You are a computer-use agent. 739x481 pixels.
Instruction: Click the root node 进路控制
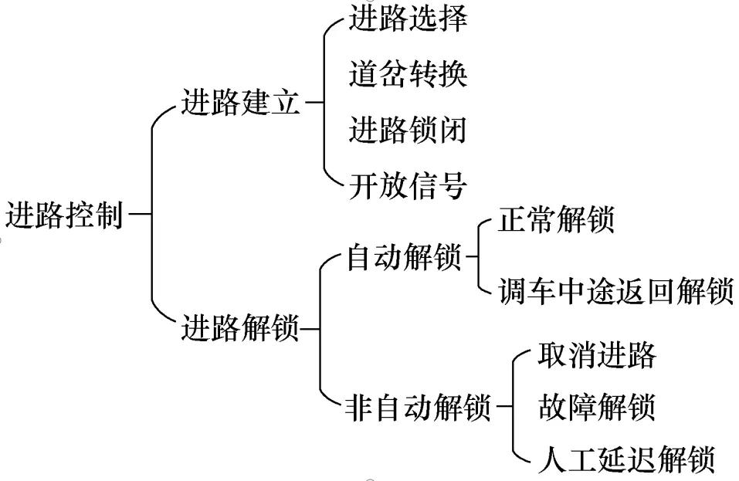coord(64,216)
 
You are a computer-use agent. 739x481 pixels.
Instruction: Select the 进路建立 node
coord(240,103)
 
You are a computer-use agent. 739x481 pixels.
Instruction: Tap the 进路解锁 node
coord(240,330)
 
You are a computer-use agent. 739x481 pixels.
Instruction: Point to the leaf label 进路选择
coord(408,19)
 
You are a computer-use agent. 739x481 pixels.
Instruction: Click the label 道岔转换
coord(408,75)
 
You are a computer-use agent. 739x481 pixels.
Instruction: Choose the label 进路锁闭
coord(408,130)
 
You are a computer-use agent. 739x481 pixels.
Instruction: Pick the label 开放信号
coord(408,186)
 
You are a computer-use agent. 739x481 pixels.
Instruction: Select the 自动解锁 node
coord(404,258)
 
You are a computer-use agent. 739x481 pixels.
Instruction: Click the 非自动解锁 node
coord(419,407)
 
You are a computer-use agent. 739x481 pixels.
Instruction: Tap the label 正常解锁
coord(557,220)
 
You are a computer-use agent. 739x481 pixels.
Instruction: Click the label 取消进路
coord(596,356)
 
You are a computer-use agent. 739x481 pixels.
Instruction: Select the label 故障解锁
coord(596,407)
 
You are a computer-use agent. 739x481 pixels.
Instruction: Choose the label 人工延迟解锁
coord(626,459)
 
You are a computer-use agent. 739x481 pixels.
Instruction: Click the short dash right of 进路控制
coord(140,215)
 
